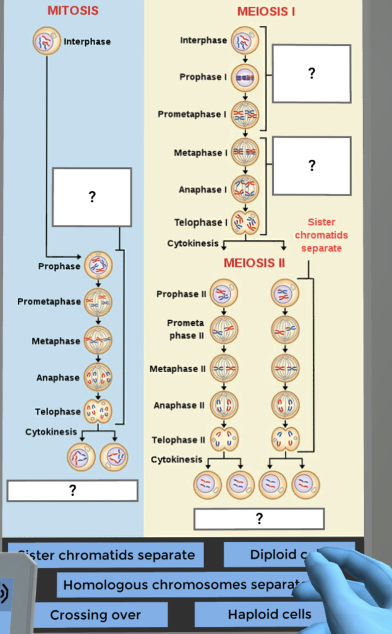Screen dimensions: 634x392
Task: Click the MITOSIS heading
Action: coord(73,11)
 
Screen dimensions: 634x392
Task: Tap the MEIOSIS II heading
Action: coord(254,263)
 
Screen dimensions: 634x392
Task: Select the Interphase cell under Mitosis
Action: coord(47,41)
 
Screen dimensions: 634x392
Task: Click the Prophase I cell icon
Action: coord(245,77)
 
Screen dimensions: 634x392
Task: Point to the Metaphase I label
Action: coord(200,152)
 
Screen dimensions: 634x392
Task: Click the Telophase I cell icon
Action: coord(245,223)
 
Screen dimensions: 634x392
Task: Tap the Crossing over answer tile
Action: coord(96,615)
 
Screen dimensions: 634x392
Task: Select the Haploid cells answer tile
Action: coord(269,614)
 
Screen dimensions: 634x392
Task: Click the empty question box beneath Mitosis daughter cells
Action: coord(72,490)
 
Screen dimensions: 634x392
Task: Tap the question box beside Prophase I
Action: coord(312,73)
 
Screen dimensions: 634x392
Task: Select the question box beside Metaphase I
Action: coord(312,165)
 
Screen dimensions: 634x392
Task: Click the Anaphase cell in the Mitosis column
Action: coord(98,377)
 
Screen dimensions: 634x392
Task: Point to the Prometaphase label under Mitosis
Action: coord(49,302)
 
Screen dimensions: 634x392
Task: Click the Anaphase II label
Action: coord(179,406)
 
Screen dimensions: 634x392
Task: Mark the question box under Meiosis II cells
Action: coord(259,519)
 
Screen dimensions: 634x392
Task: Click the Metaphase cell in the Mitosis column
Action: coord(98,341)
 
